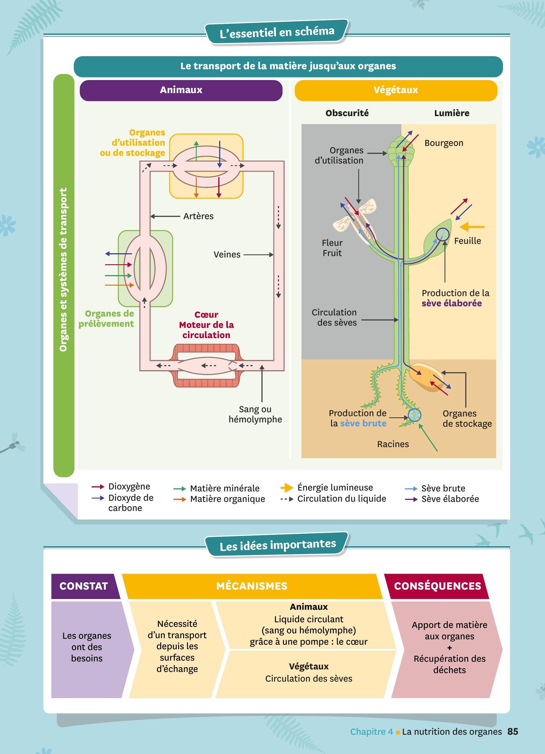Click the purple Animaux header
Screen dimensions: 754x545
point(181,90)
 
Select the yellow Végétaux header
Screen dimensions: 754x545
point(395,90)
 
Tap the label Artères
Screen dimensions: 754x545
point(198,216)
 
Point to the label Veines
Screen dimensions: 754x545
point(227,255)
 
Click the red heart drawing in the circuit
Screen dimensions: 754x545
point(206,366)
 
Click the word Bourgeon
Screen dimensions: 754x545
point(444,143)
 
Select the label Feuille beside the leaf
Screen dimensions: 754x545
point(467,241)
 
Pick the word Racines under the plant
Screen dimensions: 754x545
point(393,444)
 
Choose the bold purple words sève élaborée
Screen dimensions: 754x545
point(452,303)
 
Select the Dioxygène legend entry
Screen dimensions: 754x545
point(129,487)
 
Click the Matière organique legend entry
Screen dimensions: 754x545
point(227,499)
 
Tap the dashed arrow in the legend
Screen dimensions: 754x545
point(287,499)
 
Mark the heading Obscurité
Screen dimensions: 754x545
point(347,113)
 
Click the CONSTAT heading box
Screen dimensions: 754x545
point(84,586)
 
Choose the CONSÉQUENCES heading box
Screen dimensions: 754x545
point(437,586)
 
